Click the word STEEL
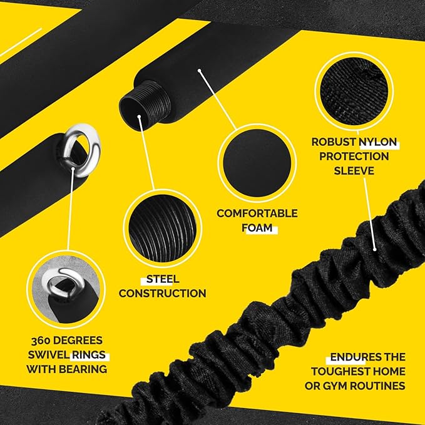tap(163, 279)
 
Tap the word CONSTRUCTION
tap(162, 294)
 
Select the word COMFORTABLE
tap(257, 213)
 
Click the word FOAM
tap(257, 228)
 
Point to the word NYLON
tap(378, 142)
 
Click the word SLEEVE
tap(354, 171)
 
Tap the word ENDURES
tap(347, 357)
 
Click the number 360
tap(41, 341)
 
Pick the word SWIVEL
tap(48, 355)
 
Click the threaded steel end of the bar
tap(145, 105)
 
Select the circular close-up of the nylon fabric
tap(354, 91)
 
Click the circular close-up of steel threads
tap(163, 228)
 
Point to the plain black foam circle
tap(257, 163)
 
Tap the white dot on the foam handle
tap(199, 71)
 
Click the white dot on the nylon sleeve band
tap(374, 249)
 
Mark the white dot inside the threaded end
tap(139, 116)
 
